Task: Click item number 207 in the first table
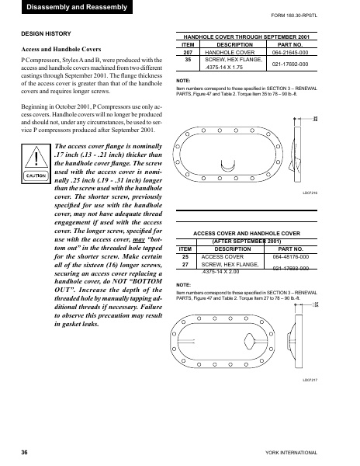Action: click(188, 52)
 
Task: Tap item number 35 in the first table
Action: click(188, 59)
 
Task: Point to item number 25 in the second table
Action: click(185, 256)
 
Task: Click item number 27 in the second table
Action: click(185, 264)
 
